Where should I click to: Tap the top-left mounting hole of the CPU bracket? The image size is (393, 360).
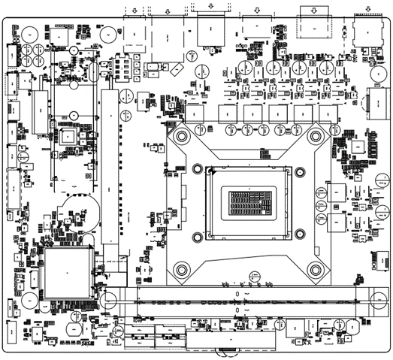click(181, 136)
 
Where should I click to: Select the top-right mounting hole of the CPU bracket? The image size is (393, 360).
click(316, 136)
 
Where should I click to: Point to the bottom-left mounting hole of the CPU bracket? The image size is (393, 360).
click(181, 268)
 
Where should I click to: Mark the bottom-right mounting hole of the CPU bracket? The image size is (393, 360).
click(316, 268)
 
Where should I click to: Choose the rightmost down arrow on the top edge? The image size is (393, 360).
click(367, 8)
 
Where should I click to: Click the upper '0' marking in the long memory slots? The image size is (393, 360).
click(238, 294)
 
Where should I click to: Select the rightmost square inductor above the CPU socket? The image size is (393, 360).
click(328, 113)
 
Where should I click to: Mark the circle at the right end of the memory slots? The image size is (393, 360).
click(376, 298)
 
